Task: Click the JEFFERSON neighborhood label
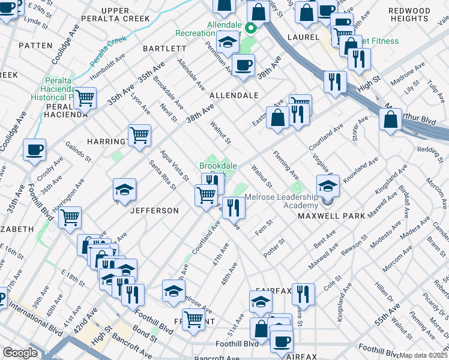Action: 155,211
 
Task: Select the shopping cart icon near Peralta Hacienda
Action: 85,97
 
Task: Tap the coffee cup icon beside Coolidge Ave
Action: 34,149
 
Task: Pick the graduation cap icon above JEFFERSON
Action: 124,190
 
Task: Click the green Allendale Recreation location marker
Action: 252,28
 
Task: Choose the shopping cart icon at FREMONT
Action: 193,318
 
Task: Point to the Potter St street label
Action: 273,245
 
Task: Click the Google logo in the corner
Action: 20,353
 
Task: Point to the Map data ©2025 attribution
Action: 423,355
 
